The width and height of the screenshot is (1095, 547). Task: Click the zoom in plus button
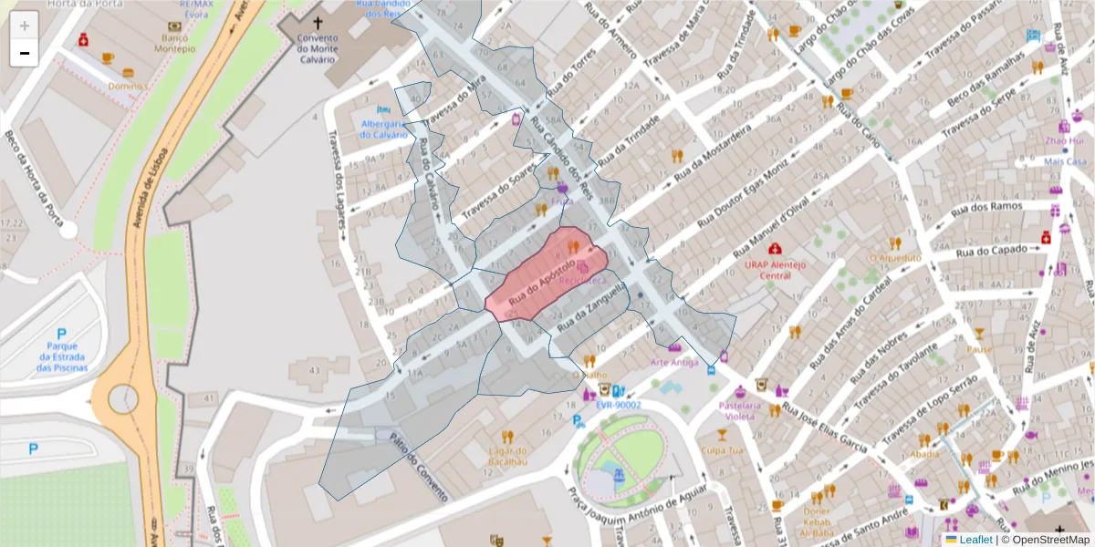[x=25, y=26]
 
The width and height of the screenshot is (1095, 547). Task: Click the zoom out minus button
[x=25, y=53]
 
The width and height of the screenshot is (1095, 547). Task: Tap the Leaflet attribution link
[x=975, y=540]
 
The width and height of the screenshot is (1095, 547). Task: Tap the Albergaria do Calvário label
[x=383, y=129]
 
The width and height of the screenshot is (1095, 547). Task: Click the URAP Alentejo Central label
[x=775, y=270]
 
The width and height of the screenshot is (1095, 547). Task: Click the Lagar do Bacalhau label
[x=509, y=457]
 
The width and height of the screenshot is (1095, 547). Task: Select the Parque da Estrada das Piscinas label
[x=62, y=356]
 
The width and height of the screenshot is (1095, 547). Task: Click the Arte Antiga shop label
[x=675, y=362]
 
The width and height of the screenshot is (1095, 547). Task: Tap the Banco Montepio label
[x=178, y=43]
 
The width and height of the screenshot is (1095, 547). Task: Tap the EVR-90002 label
[x=619, y=405]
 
